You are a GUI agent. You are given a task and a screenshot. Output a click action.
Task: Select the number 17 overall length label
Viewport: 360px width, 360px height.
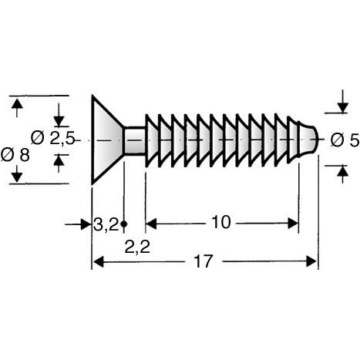[204, 261]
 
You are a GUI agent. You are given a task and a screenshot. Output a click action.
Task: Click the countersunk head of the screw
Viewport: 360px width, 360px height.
[106, 140]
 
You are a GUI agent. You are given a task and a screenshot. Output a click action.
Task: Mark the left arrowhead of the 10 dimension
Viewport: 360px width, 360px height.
[150, 224]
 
